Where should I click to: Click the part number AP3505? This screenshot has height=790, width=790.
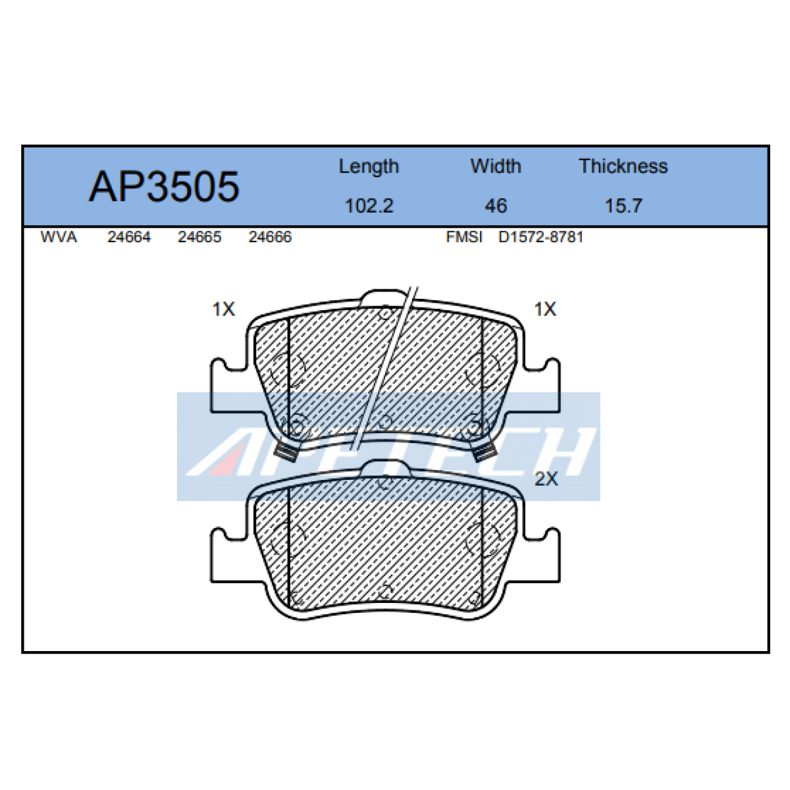tap(164, 186)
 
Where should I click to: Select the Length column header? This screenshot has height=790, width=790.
tap(369, 167)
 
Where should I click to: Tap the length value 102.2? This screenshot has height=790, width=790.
tap(369, 206)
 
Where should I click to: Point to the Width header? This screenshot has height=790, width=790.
tap(495, 167)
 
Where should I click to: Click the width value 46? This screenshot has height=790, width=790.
tap(495, 206)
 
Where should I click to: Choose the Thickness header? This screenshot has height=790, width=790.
tap(623, 167)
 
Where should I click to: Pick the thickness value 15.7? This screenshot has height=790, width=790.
tap(623, 206)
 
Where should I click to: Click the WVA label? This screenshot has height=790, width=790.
tap(59, 237)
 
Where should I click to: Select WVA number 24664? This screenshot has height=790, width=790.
tap(129, 237)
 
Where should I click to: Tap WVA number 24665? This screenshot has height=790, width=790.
tap(199, 237)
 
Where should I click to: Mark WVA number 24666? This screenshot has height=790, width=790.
tap(270, 237)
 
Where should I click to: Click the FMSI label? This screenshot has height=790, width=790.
tap(464, 237)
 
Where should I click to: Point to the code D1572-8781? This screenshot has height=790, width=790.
tap(540, 237)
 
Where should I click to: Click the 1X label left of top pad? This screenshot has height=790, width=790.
tap(223, 309)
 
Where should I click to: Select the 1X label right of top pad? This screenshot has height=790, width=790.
tap(545, 309)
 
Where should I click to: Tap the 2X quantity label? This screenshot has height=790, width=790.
tap(546, 479)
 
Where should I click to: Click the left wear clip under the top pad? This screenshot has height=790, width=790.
tap(288, 452)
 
